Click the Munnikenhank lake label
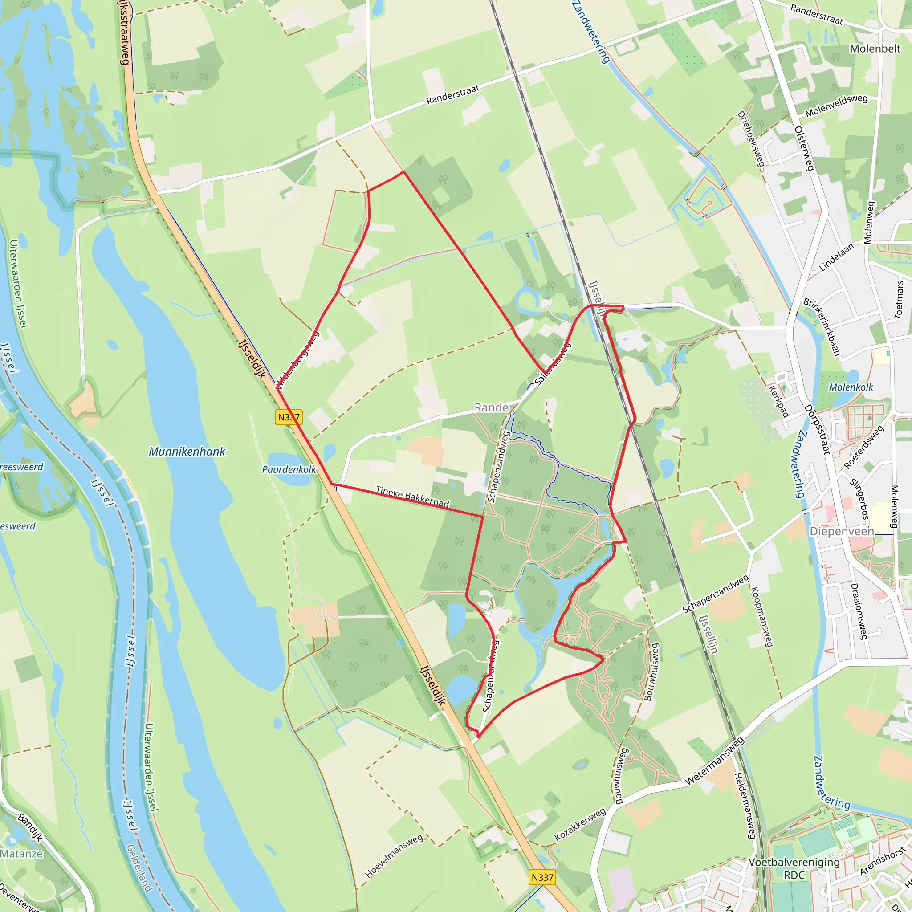pos(187,452)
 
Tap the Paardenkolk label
pos(289,470)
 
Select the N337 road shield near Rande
pos(289,417)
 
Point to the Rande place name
pos(492,407)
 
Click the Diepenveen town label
pos(842,532)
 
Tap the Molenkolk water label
pos(851,387)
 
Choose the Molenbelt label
pos(875,49)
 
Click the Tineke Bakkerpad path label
pos(412,497)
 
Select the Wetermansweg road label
pos(714,761)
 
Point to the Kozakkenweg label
pos(580,824)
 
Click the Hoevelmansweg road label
pos(394,856)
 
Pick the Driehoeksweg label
pos(750,139)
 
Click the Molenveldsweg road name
pos(836,106)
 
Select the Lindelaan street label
pos(836,257)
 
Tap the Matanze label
pos(21,854)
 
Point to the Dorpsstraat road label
pos(818,429)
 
